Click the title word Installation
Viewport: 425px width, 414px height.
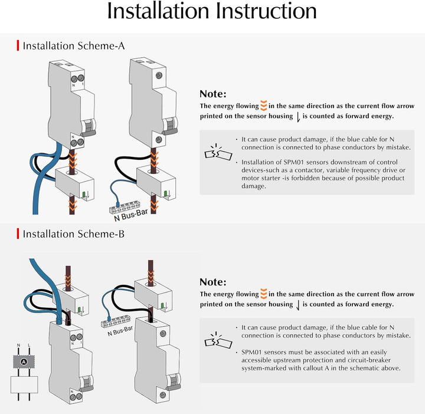[158, 11]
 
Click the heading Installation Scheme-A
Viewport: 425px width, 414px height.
[74, 46]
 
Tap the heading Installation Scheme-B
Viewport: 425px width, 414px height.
[73, 234]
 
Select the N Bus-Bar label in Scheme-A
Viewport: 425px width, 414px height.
[131, 215]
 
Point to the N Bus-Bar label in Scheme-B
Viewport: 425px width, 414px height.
[120, 331]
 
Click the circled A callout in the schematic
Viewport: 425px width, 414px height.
[24, 362]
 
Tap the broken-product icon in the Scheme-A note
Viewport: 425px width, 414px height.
[218, 152]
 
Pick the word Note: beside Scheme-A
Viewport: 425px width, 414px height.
[212, 94]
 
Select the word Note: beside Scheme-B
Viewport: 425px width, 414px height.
[212, 282]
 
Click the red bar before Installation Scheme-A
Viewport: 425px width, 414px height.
[18, 45]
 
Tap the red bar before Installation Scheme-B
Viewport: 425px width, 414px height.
[18, 234]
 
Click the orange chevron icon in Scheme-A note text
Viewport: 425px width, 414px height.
[264, 106]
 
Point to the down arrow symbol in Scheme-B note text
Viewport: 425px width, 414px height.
[298, 305]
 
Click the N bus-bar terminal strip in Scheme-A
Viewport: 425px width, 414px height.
[125, 207]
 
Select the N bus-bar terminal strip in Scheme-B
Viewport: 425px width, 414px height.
[116, 321]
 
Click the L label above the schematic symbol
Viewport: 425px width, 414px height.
[29, 345]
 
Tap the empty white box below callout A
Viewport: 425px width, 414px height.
[24, 385]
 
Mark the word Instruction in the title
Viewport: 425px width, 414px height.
[266, 11]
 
